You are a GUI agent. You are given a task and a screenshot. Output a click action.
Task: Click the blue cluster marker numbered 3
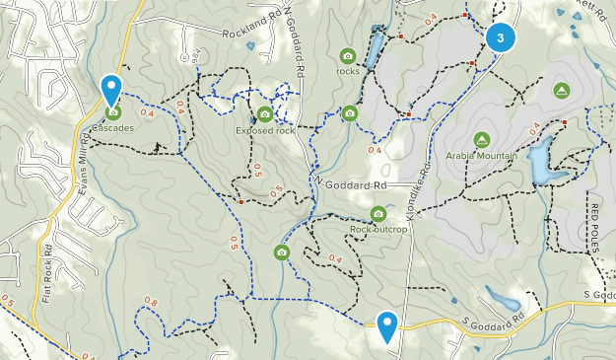(x=501, y=38)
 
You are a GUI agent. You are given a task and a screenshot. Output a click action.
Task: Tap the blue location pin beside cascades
(x=112, y=90)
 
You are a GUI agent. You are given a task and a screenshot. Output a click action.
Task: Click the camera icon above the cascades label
(x=112, y=113)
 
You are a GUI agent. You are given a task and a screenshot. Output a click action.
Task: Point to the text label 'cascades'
(x=112, y=128)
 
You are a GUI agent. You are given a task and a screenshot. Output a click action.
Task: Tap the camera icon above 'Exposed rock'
(x=265, y=114)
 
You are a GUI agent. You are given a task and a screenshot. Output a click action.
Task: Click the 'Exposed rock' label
(x=265, y=130)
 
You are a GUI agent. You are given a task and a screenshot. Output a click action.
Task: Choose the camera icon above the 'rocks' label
(x=347, y=56)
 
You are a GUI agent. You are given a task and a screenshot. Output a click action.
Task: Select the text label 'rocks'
(x=348, y=71)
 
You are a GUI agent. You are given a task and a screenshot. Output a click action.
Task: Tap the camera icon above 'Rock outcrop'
(x=378, y=214)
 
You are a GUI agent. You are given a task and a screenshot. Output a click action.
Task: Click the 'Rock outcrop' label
(x=378, y=230)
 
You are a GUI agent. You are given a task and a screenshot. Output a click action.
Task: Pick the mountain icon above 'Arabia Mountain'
(x=481, y=140)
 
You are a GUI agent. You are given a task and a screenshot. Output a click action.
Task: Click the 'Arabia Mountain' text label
(x=482, y=156)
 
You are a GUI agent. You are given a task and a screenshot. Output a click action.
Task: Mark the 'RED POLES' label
(x=595, y=226)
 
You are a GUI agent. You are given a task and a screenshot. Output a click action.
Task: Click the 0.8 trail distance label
(x=150, y=302)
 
